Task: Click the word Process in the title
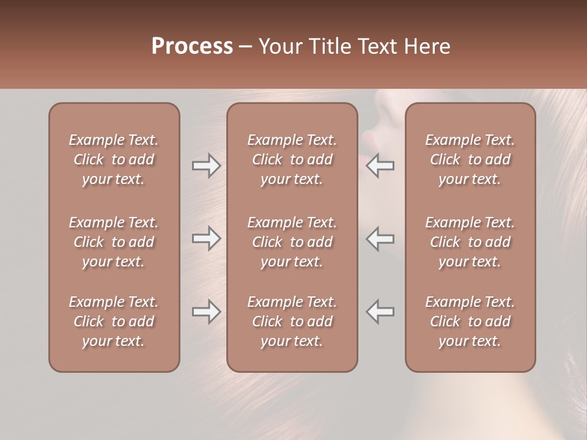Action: [x=192, y=46]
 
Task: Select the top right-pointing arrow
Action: [x=206, y=166]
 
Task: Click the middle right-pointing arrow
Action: [x=206, y=238]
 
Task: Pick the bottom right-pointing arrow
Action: [x=206, y=312]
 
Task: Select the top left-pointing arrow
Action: [x=380, y=166]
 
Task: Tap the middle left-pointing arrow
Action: [x=380, y=238]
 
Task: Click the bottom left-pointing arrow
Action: [x=380, y=312]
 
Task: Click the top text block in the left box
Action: [x=114, y=159]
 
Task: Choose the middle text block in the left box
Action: [x=114, y=242]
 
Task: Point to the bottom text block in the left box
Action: [x=114, y=321]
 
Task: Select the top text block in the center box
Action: [x=292, y=159]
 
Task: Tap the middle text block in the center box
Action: [x=292, y=242]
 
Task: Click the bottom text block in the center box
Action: [x=292, y=321]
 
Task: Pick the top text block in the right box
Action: [x=470, y=159]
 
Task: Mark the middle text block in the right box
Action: [x=470, y=242]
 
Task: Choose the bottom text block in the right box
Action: [x=470, y=321]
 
